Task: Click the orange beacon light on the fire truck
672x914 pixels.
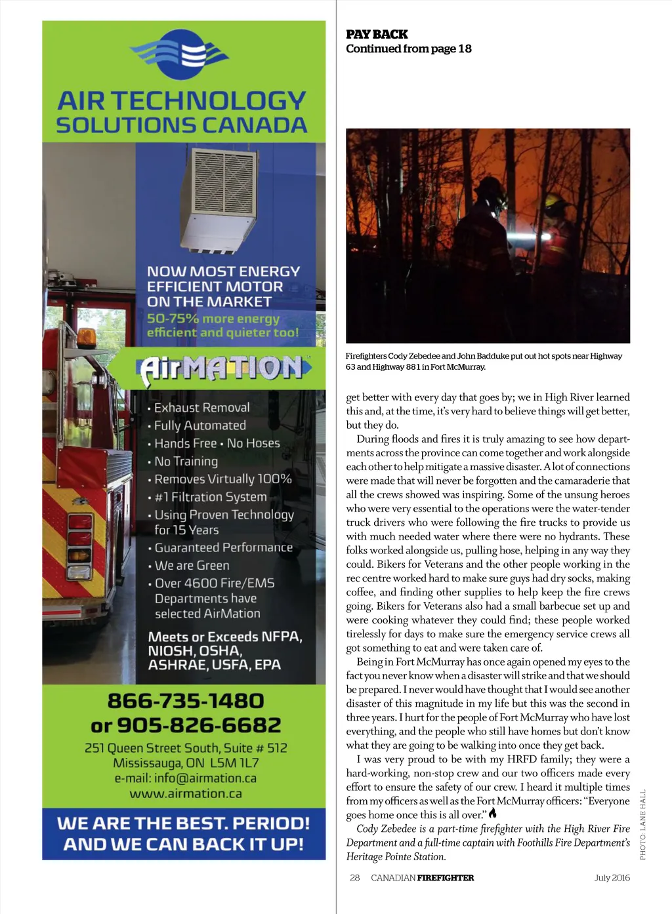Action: [x=87, y=337]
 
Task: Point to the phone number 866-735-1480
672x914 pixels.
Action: [x=186, y=701]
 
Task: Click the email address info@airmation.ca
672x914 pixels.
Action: [x=186, y=778]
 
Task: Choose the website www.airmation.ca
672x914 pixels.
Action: [x=186, y=793]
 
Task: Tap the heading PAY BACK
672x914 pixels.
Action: [x=377, y=34]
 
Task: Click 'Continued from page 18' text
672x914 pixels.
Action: [x=408, y=49]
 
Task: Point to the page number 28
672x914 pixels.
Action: [x=355, y=877]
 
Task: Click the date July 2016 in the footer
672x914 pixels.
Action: [x=612, y=877]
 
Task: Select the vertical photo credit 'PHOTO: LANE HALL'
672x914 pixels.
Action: [x=643, y=824]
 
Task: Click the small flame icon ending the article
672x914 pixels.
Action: [x=493, y=814]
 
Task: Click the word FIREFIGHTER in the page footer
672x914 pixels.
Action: [x=445, y=877]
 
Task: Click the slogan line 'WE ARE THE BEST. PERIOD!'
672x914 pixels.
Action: [x=184, y=824]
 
